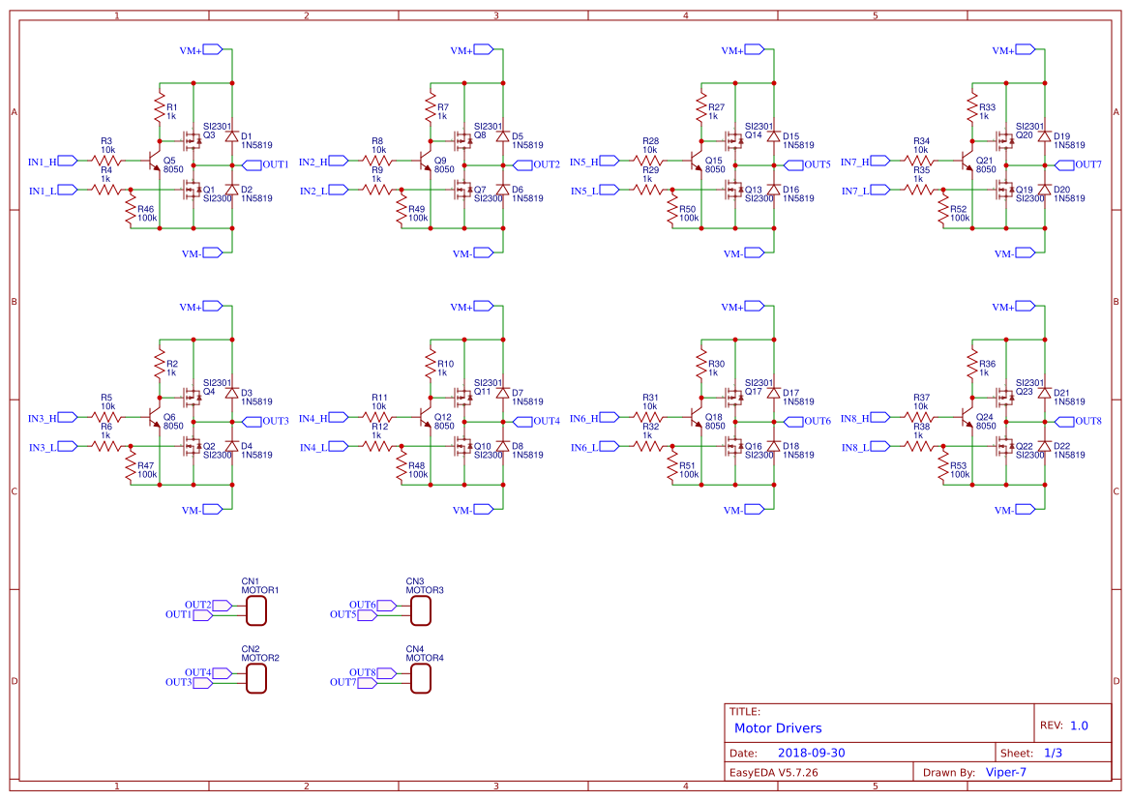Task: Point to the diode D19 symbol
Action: point(1045,136)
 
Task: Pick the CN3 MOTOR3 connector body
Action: point(421,610)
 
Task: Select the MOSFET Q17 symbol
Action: point(731,397)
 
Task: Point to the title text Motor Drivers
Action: point(778,728)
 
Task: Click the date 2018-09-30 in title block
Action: point(812,753)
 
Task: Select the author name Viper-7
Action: point(1005,772)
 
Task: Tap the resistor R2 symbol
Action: point(160,364)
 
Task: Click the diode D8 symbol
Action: point(503,445)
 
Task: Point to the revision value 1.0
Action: point(1079,725)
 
